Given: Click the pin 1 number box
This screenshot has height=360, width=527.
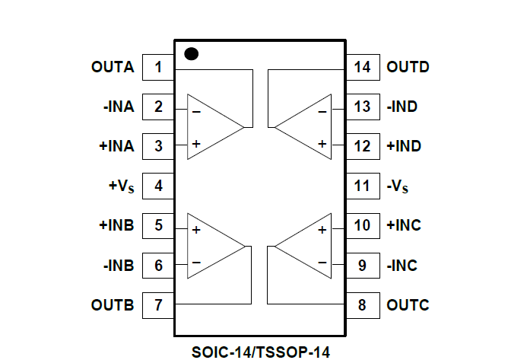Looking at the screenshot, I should tap(158, 67).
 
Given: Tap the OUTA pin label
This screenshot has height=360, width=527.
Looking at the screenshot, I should tap(113, 67).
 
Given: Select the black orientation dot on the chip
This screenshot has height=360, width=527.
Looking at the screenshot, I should tap(192, 54).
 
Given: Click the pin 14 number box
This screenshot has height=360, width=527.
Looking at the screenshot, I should tap(363, 67).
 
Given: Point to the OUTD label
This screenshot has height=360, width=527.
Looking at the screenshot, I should tap(408, 67).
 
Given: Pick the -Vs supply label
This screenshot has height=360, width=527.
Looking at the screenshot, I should tap(401, 186).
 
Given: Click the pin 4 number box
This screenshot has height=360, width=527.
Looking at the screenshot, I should tap(158, 186).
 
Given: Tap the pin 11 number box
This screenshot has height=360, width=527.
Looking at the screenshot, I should tap(363, 186).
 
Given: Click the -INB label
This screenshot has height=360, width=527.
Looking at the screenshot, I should tap(118, 266).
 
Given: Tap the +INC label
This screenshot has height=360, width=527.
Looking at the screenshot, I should tap(404, 225).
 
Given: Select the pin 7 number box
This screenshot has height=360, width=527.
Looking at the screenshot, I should tap(158, 305).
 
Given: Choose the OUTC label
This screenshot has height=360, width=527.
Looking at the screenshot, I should tap(408, 305).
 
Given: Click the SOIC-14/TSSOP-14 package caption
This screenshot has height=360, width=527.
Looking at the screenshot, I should tap(262, 351).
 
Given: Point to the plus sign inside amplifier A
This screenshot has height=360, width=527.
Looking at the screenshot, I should tap(196, 144).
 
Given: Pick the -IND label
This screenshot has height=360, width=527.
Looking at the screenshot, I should tap(402, 107).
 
